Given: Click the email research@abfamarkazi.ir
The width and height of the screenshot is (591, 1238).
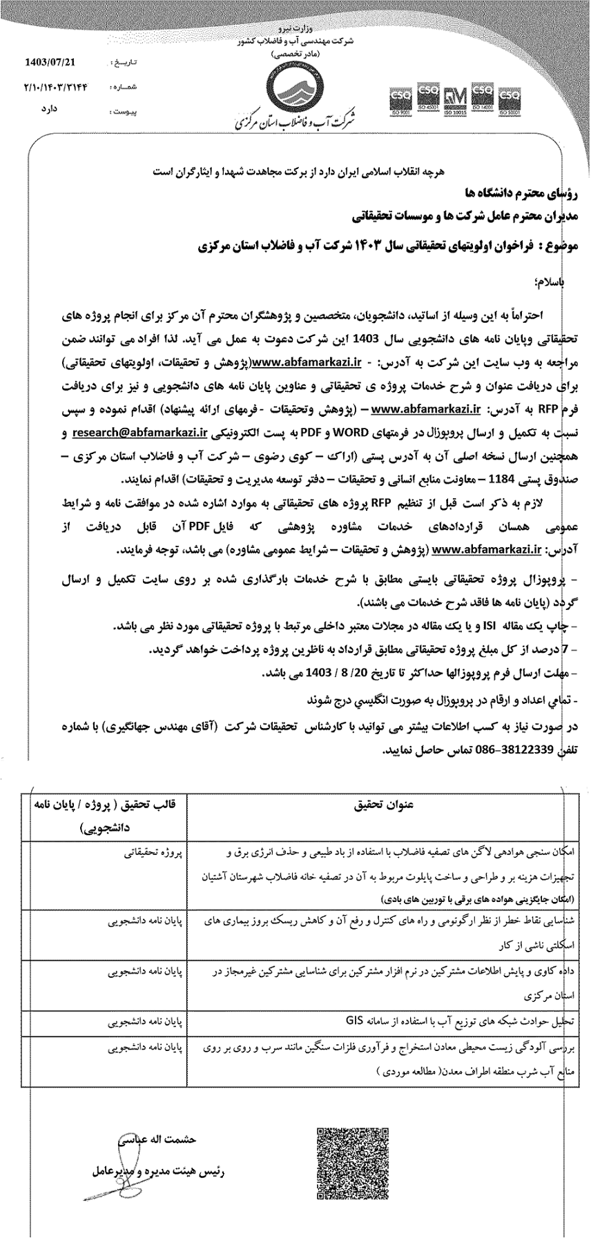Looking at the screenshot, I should tap(139, 433).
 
